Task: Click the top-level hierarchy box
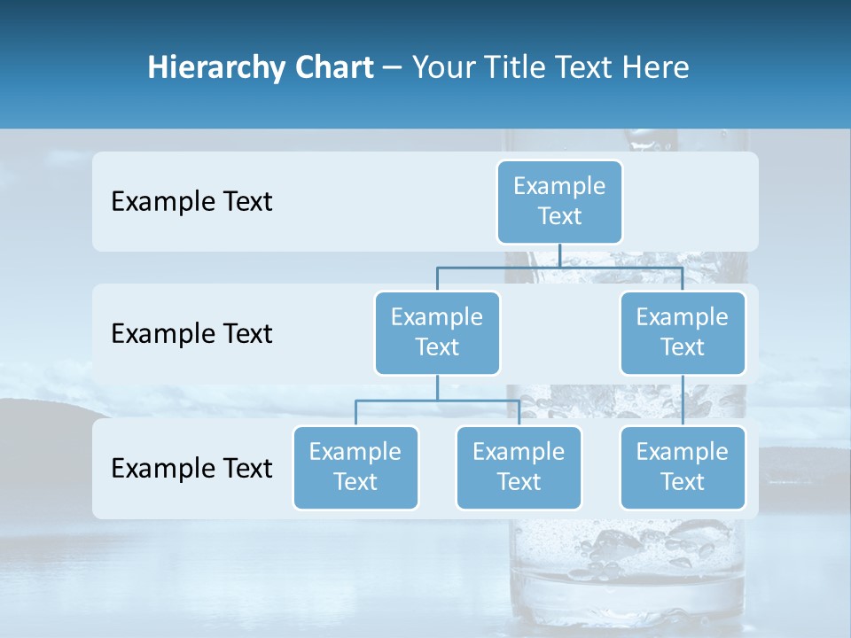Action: pos(559,201)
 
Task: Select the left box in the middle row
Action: pos(437,332)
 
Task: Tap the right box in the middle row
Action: pos(683,332)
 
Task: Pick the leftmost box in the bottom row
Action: pos(355,467)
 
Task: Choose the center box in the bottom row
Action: pos(519,467)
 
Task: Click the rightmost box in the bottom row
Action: pos(683,467)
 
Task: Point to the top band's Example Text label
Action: pos(191,202)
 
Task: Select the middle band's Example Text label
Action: pos(191,334)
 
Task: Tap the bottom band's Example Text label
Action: pos(191,468)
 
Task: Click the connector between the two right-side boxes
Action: pos(683,400)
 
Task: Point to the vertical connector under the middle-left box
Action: pos(437,387)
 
